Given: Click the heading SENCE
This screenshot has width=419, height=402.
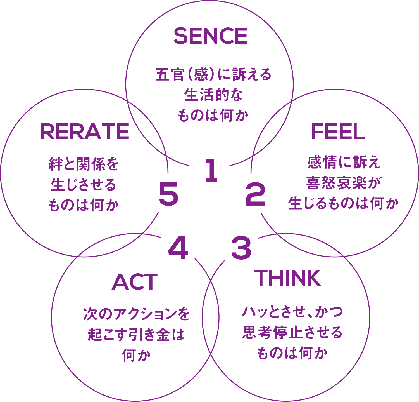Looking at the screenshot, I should point(210,36).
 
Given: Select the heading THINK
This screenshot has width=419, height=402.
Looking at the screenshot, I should point(289,278).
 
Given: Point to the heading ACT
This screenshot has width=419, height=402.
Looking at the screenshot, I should point(135,282).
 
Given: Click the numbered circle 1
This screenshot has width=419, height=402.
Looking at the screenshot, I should point(209,169).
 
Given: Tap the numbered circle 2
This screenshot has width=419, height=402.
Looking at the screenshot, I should point(253,194).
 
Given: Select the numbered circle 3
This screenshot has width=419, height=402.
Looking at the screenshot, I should point(239,245).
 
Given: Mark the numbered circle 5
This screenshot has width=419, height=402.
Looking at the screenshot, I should point(167,194).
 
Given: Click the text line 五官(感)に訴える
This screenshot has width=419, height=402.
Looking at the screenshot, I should point(213,75).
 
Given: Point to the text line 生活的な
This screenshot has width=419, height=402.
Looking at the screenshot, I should point(213,95).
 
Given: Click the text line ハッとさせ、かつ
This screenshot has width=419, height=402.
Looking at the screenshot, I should point(292,312).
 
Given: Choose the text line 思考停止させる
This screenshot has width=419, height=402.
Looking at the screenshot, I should point(292,333).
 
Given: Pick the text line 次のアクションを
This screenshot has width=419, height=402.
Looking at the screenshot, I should point(136,314).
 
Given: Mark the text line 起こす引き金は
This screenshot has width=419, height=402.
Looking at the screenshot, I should point(136,335).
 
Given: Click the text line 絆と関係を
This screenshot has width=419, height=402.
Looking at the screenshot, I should point(84,164).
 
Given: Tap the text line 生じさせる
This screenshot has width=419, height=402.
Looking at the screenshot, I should point(84,185).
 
